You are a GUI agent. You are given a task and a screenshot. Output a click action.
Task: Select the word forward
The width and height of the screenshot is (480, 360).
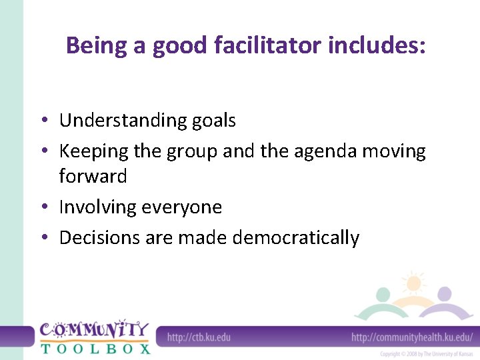pos(93,176)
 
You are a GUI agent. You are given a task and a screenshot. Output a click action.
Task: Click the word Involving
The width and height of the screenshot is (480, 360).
pos(97,207)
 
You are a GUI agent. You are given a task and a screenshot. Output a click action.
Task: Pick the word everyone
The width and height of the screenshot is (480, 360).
pos(181,207)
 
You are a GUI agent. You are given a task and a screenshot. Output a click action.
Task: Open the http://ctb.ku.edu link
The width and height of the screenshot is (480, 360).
pos(199,337)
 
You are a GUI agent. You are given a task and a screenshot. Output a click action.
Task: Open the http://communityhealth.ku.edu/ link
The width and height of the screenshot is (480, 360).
pos(412,337)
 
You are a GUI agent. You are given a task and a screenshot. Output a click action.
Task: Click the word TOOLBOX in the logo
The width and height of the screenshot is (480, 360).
pos(95,347)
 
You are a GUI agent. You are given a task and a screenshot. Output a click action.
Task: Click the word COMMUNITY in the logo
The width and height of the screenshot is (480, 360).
pos(94,329)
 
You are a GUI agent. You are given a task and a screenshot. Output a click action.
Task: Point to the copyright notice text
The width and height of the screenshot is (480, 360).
pos(427,354)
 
